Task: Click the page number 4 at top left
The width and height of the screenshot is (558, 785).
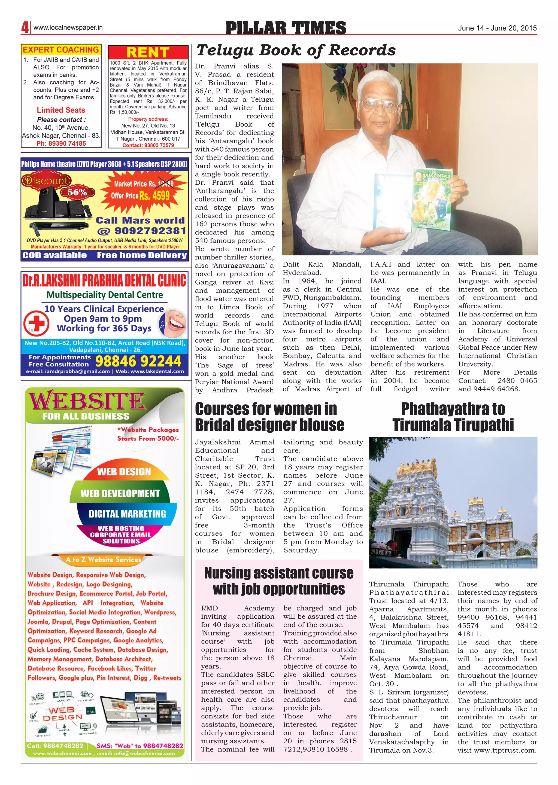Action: pos(25,28)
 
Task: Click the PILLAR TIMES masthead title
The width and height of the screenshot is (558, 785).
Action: pos(286,28)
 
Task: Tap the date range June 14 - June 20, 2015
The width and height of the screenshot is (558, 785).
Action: pos(497,28)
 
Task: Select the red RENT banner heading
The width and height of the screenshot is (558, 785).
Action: pos(148,53)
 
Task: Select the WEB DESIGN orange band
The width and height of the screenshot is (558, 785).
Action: pos(124,472)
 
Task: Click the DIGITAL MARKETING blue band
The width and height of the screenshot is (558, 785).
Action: pos(127,514)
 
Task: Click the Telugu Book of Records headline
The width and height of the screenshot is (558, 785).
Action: pos(296,50)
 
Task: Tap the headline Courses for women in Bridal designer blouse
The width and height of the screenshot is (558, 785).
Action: pos(269,417)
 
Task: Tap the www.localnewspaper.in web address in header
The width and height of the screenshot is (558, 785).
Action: pos(68,28)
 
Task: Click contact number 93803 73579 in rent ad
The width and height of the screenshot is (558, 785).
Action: pos(148,145)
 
